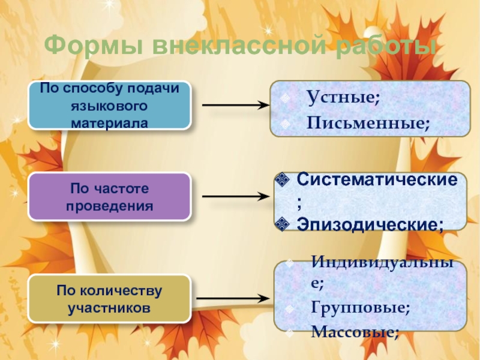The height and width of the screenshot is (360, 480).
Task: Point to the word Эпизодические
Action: point(370,224)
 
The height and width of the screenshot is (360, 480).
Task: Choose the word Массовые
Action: point(354,331)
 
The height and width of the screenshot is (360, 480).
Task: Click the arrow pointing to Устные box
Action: point(234,105)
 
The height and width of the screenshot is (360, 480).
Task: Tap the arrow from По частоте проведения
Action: point(234,197)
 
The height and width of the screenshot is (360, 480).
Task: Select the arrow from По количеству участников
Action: point(234,298)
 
